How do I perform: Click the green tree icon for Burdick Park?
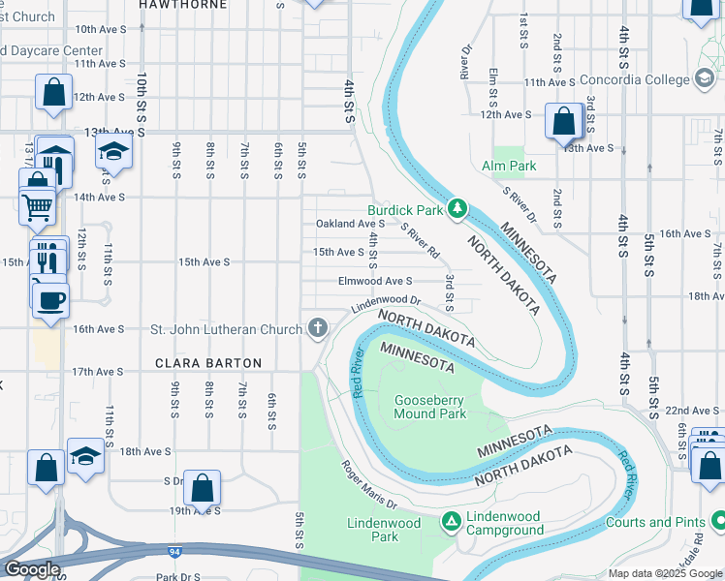tap(458, 209)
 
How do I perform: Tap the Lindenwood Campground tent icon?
tap(451, 522)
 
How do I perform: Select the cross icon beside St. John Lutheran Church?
tap(316, 328)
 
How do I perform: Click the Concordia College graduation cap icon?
tap(704, 79)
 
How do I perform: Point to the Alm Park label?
tap(509, 166)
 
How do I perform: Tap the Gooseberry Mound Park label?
tap(429, 407)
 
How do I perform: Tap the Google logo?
tap(31, 569)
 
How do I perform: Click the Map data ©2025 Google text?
tap(664, 573)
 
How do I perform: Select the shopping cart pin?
tap(38, 205)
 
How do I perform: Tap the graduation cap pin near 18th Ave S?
tap(85, 456)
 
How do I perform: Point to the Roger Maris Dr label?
tap(368, 485)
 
